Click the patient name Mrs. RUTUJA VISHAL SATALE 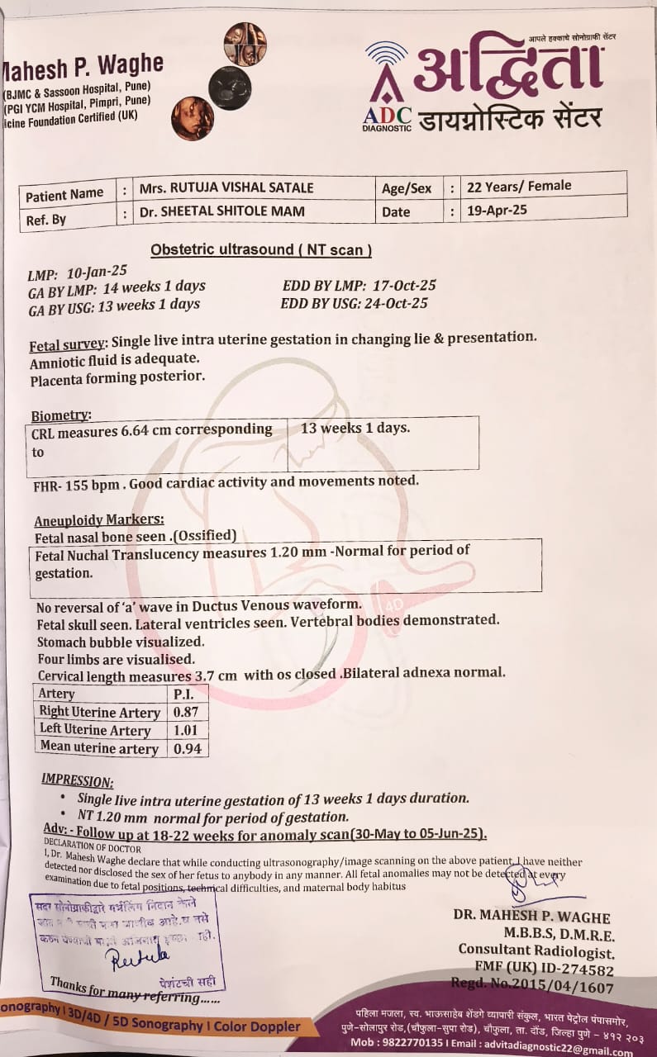coord(226,187)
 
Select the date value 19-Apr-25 coord(498,210)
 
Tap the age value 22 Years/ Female coord(519,186)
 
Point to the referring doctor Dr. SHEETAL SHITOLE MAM coord(221,211)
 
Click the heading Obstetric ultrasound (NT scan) coord(261,249)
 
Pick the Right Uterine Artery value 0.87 coord(186,712)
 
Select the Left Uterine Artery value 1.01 coord(186,730)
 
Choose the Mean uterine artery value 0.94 coord(186,749)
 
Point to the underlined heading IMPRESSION coord(78,781)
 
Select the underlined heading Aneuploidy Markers coord(99,520)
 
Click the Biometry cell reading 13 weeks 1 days coord(355,429)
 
